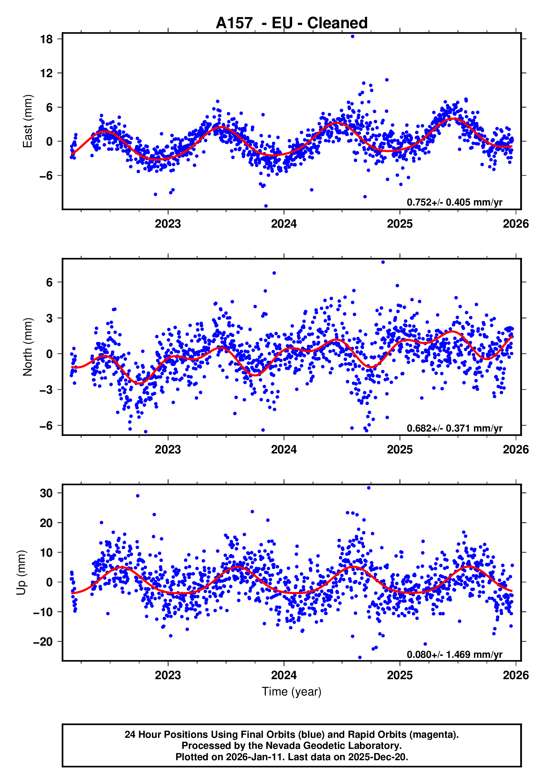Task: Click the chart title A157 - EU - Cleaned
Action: coord(292,23)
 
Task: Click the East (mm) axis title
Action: coord(27,121)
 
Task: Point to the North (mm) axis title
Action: coord(27,347)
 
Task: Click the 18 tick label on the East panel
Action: coord(46,39)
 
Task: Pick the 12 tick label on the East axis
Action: coord(46,73)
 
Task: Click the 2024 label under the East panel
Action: coord(284,224)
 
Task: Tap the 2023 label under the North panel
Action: coord(168,450)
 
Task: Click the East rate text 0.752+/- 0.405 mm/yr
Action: coord(454,202)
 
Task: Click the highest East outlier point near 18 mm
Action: coord(352,37)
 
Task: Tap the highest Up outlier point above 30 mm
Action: coord(369,488)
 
